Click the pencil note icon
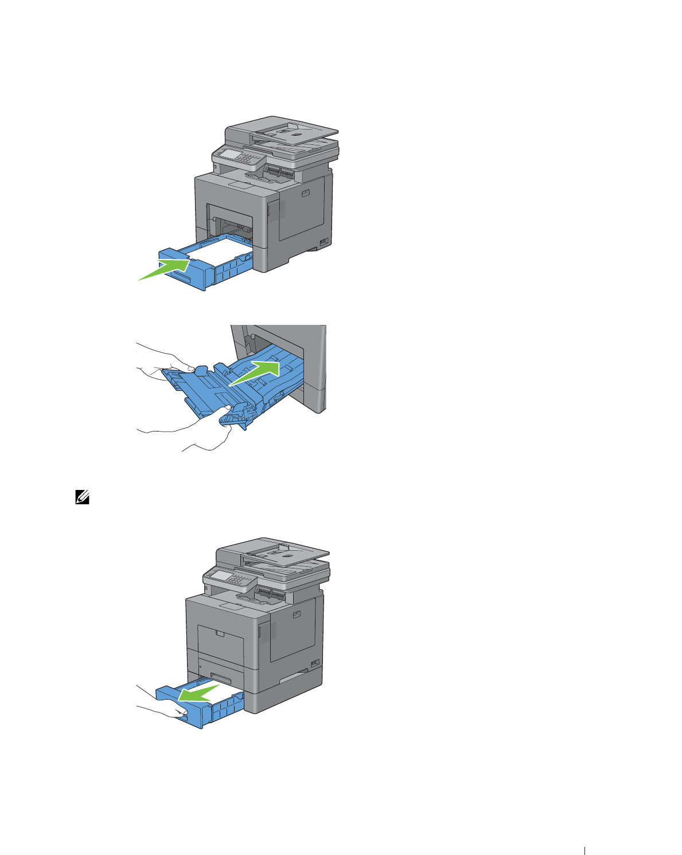coord(81,499)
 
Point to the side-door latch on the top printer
coord(305,193)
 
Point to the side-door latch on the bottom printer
coord(297,615)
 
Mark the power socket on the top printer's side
coord(324,242)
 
